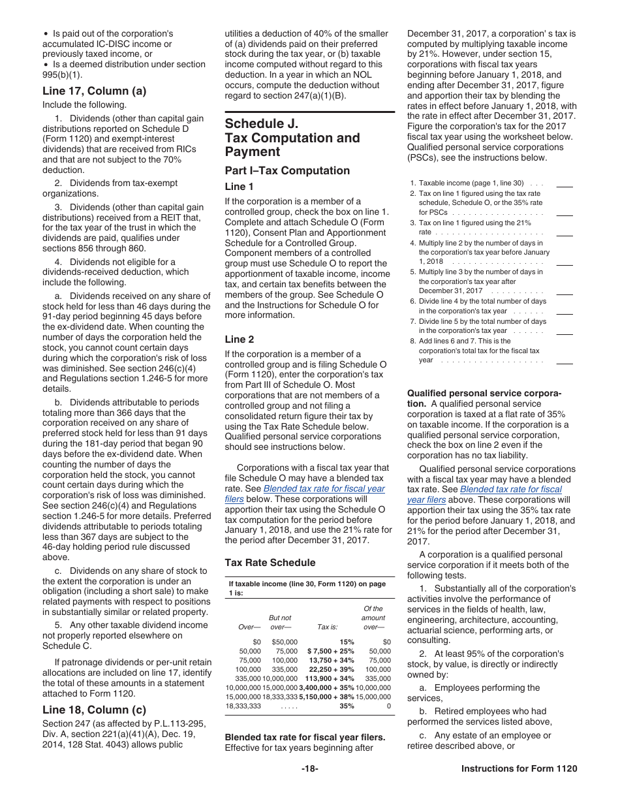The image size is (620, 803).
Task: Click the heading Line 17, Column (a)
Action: point(94,91)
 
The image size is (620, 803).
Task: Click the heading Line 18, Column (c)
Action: point(94,710)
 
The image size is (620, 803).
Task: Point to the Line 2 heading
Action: point(240,339)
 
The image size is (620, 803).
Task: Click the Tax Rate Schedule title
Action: point(270,563)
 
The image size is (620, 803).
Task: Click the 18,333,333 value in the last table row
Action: point(243,706)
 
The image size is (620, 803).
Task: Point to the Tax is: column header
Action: point(327,627)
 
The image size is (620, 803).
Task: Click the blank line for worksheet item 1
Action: point(564,185)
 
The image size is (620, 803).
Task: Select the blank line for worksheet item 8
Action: point(564,362)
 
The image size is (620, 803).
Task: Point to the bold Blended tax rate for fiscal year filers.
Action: point(305,737)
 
